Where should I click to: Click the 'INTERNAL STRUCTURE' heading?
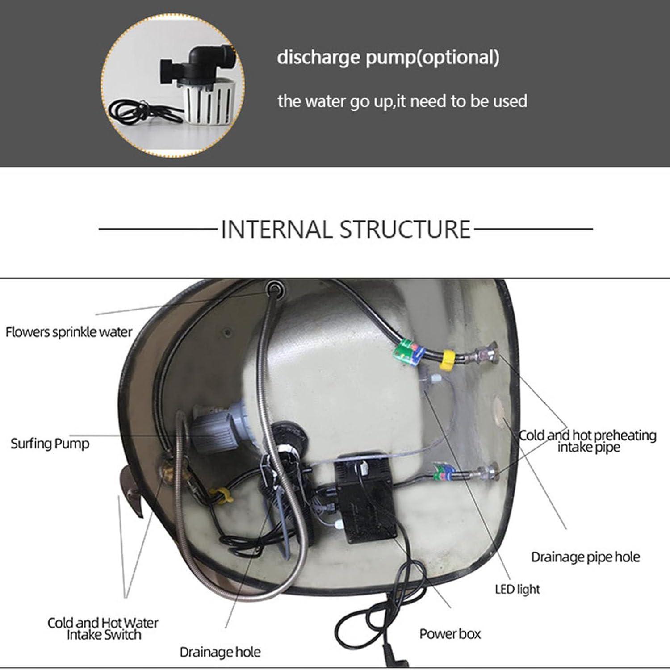pyautogui.click(x=346, y=229)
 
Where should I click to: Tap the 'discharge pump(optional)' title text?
pyautogui.click(x=388, y=58)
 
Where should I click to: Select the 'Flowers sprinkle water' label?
pyautogui.click(x=69, y=332)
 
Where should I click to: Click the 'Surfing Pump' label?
pyautogui.click(x=50, y=444)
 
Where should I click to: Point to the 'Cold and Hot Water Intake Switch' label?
pyautogui.click(x=103, y=628)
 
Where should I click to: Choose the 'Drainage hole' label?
pyautogui.click(x=220, y=652)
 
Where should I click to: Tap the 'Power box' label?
pyautogui.click(x=450, y=633)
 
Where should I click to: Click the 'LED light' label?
pyautogui.click(x=517, y=589)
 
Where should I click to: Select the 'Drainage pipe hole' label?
pyautogui.click(x=585, y=557)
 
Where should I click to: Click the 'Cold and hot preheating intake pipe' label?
pyautogui.click(x=588, y=441)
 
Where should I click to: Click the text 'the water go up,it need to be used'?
pyautogui.click(x=402, y=101)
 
